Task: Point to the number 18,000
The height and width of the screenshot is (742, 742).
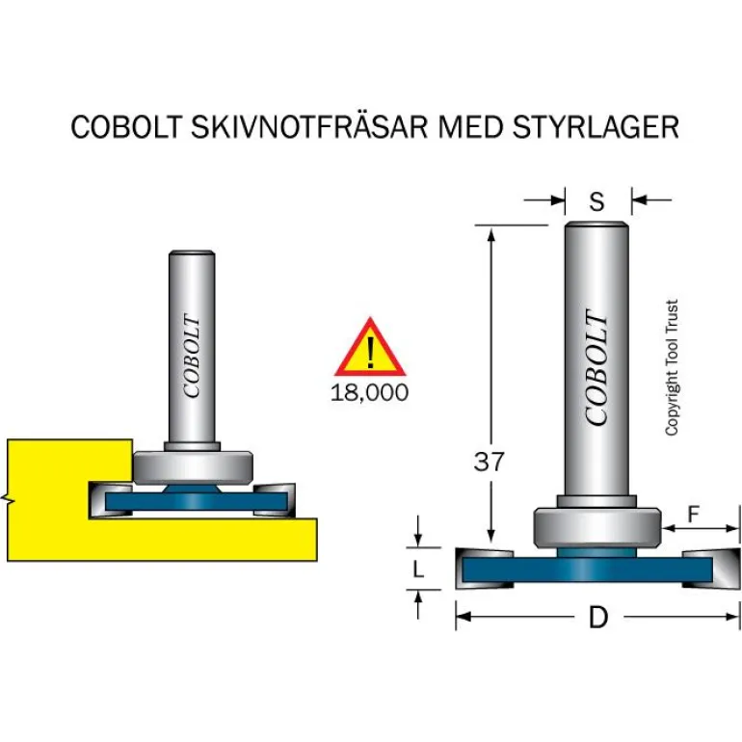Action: [x=368, y=392]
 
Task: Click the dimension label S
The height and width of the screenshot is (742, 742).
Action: [x=596, y=201]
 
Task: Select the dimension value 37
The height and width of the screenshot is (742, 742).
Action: [x=490, y=462]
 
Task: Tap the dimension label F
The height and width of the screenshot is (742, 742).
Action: [x=693, y=516]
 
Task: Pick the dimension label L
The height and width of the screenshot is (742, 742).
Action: [x=417, y=570]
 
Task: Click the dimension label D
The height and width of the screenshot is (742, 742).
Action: [x=598, y=618]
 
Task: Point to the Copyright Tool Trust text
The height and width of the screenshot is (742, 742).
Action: [x=672, y=367]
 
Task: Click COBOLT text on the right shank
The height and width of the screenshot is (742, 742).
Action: [x=597, y=369]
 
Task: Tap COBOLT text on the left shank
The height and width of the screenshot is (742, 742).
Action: [x=192, y=358]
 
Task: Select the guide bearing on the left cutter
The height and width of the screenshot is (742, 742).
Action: [x=194, y=467]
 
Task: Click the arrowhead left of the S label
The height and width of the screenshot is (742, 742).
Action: [x=558, y=200]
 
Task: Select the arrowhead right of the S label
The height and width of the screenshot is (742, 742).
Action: [x=638, y=200]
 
